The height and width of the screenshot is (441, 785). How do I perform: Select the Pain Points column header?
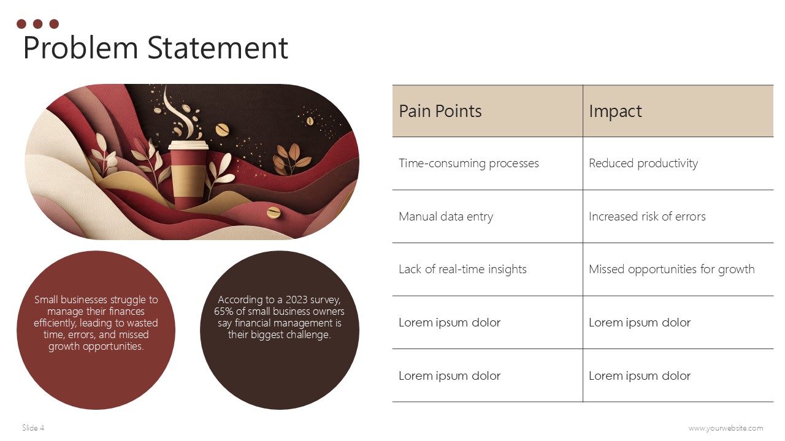point(440,111)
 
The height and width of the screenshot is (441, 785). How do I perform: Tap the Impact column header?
point(615,111)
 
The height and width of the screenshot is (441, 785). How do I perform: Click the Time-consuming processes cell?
point(469,164)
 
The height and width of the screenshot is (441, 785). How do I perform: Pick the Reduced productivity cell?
point(643,164)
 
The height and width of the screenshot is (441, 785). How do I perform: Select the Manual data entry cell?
point(446,217)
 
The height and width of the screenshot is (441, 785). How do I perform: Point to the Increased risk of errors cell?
point(647,217)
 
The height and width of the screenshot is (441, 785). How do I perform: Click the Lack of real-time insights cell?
point(462,269)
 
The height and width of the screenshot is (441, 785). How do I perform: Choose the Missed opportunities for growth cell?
point(672,269)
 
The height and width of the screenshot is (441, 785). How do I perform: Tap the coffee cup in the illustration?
point(188,178)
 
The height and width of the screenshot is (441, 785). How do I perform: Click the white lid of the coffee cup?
point(188,146)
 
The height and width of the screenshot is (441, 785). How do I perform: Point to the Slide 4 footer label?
point(33,428)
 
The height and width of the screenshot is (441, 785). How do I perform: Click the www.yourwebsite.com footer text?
point(726,428)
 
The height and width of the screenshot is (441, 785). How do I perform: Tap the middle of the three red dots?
point(37,24)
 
